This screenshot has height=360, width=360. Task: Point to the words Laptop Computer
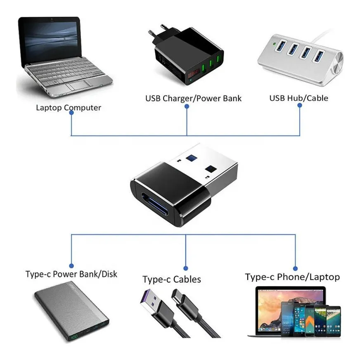69,108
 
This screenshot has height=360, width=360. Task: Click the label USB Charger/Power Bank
193,98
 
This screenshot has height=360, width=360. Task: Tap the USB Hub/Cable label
298,98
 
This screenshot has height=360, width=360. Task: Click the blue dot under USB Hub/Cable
300,106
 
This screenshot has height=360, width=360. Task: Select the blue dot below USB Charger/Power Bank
187,106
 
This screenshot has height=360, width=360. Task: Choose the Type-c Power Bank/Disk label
71,274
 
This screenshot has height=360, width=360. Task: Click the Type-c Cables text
172,279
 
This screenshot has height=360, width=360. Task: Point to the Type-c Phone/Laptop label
292,277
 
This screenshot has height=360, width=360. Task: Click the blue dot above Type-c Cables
185,268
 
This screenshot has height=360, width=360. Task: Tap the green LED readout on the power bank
75,338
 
